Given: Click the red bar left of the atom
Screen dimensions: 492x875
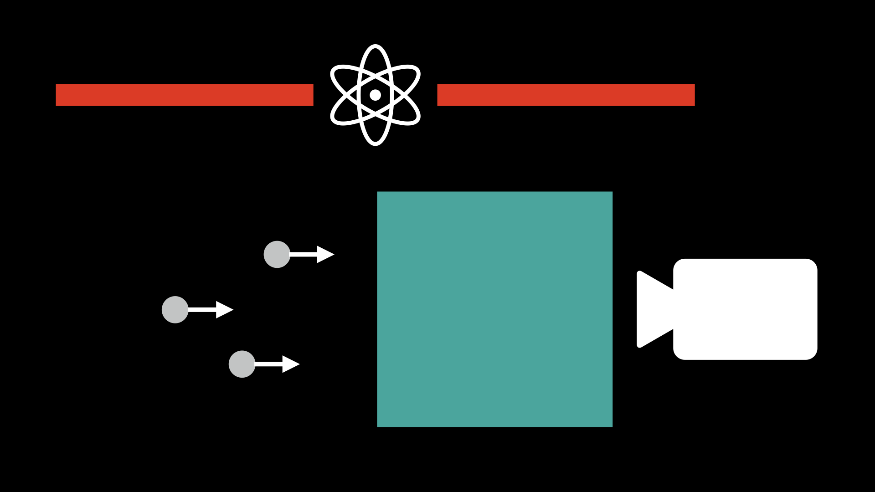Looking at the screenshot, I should click(185, 95).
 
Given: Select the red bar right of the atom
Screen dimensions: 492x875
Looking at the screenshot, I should click(566, 95).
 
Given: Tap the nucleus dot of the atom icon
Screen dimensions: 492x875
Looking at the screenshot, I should click(375, 95).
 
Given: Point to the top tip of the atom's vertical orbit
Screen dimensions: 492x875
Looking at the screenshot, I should click(375, 46).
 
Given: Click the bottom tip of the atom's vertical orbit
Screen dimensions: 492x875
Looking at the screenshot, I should click(375, 144).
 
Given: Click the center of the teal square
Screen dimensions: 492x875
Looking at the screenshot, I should click(494, 309).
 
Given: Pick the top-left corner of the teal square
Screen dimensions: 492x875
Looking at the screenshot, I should click(378, 193).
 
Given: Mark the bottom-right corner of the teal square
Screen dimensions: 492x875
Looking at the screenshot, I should click(611, 425).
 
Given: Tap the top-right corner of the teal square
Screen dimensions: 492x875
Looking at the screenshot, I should click(611, 193).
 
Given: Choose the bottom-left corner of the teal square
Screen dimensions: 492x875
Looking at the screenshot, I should click(378, 425).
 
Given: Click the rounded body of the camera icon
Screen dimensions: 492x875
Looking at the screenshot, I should click(745, 309).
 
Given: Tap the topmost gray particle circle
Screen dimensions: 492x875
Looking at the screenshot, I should click(277, 254).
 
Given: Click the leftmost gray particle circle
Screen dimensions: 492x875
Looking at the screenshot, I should click(175, 310).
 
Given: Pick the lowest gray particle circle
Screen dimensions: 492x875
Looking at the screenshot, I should click(242, 364).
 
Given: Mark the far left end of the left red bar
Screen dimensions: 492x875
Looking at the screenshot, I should click(57, 95).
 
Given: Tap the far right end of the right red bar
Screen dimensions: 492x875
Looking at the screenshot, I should click(693, 95).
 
